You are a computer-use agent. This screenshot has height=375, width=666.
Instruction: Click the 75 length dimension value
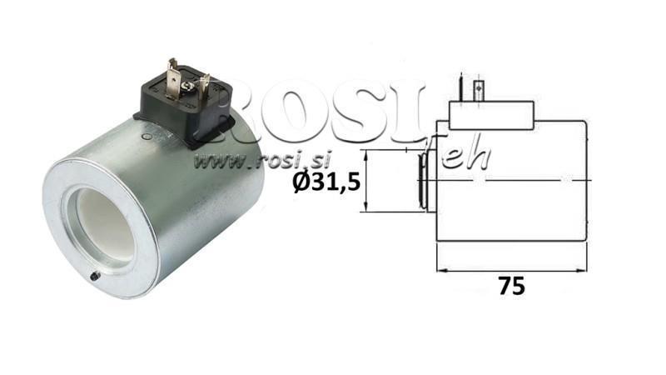512,286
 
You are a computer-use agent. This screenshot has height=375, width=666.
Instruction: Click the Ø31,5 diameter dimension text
327,181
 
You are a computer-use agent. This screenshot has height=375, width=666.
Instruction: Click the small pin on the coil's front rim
94,276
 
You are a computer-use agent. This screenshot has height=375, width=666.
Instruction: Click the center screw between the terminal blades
191,85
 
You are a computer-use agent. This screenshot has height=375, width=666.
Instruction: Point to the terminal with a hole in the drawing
478,88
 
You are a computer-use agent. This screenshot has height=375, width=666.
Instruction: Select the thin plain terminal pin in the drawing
460,87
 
